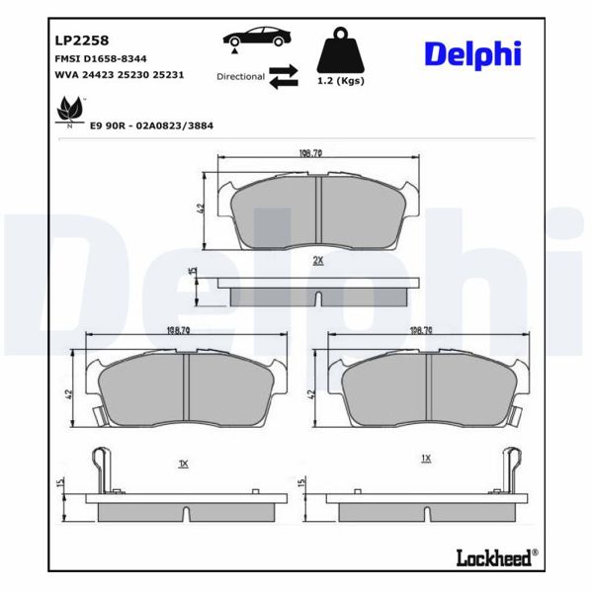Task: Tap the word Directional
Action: pos(240,76)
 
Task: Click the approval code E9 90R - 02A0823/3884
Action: pos(152,126)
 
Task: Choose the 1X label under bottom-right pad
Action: pos(426,458)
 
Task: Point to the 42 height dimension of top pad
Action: pos(201,209)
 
